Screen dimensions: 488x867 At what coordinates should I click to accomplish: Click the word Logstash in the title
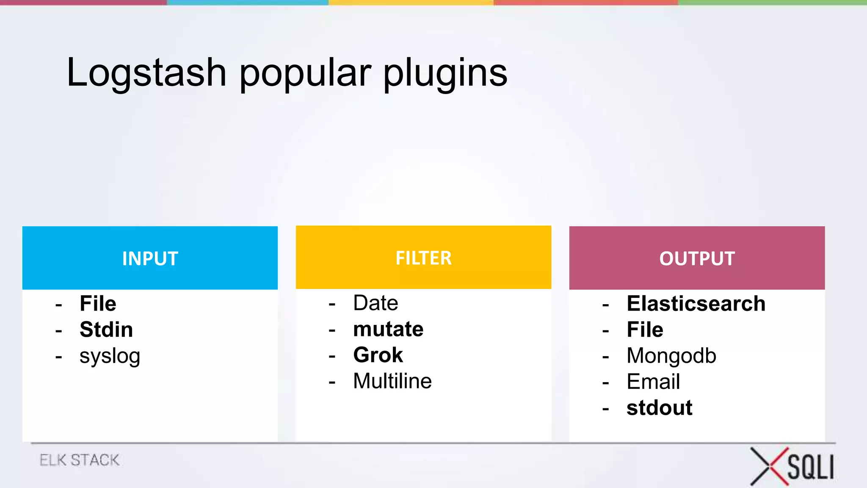[x=146, y=73]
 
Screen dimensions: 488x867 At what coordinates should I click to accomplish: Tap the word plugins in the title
[x=445, y=73]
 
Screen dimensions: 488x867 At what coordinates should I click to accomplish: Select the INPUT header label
[x=150, y=258]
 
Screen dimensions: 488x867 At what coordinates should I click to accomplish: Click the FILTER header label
[x=423, y=258]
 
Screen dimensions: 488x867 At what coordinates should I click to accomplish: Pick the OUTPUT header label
[x=697, y=258]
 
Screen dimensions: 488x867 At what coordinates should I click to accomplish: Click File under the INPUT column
[x=98, y=304]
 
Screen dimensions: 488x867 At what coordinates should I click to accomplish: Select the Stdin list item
[x=106, y=330]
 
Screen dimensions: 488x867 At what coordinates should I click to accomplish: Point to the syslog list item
[x=110, y=356]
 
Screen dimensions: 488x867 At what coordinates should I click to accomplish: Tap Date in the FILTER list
[x=376, y=303]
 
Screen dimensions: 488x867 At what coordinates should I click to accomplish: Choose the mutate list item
[x=388, y=329]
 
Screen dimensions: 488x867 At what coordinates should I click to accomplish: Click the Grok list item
[x=378, y=355]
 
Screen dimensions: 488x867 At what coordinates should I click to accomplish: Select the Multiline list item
[x=392, y=381]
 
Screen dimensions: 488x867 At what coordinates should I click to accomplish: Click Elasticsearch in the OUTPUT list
[x=696, y=304]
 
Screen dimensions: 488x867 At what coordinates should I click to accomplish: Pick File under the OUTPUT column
[x=645, y=330]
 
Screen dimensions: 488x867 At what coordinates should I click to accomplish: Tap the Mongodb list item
[x=671, y=356]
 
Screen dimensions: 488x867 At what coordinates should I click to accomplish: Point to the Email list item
[x=653, y=382]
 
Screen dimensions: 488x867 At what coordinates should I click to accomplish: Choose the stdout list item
[x=659, y=408]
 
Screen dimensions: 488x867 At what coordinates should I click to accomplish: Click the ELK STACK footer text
[x=80, y=460]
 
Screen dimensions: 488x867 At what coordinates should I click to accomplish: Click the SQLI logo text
[x=810, y=467]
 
